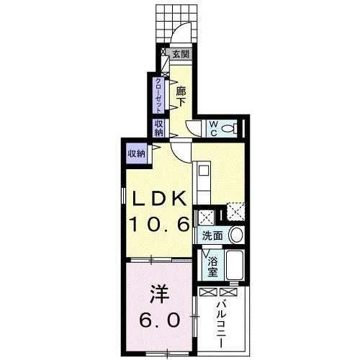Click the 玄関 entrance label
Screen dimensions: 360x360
click(x=181, y=54)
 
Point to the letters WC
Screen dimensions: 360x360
click(x=214, y=127)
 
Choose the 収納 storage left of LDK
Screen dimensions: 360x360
click(x=136, y=153)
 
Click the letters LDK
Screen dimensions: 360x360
click(x=158, y=198)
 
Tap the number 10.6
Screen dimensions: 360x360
click(x=159, y=225)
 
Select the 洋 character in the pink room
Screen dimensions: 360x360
click(x=160, y=295)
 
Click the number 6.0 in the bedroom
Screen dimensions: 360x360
click(x=160, y=320)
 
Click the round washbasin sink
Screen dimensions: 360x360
click(x=236, y=235)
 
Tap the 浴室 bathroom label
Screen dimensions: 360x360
click(x=212, y=267)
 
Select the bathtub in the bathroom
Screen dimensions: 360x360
click(x=235, y=269)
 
